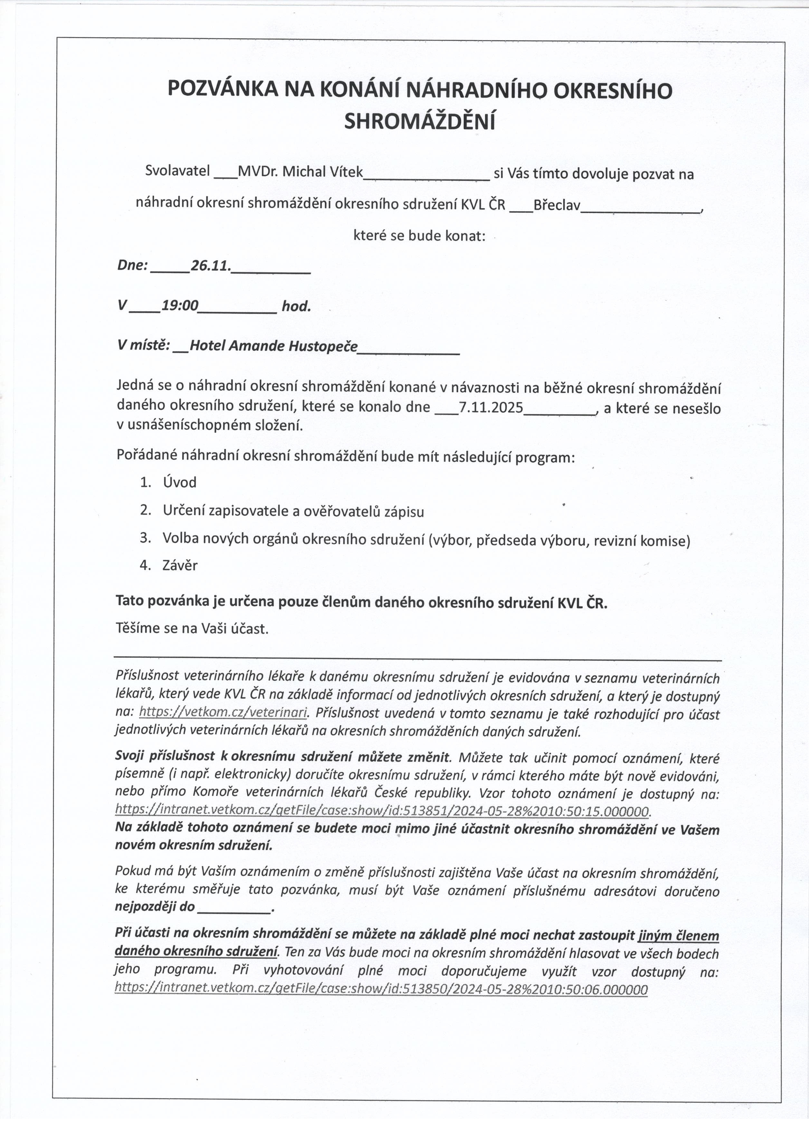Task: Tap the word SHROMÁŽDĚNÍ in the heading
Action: (x=420, y=121)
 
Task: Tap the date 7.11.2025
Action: (x=490, y=408)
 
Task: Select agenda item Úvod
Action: (x=180, y=482)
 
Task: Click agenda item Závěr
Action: (x=180, y=565)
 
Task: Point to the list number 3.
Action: (x=145, y=538)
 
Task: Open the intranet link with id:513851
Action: (x=382, y=811)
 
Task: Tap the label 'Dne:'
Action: (x=132, y=266)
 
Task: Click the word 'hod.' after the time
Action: (x=296, y=306)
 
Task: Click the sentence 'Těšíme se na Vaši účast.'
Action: (x=192, y=629)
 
